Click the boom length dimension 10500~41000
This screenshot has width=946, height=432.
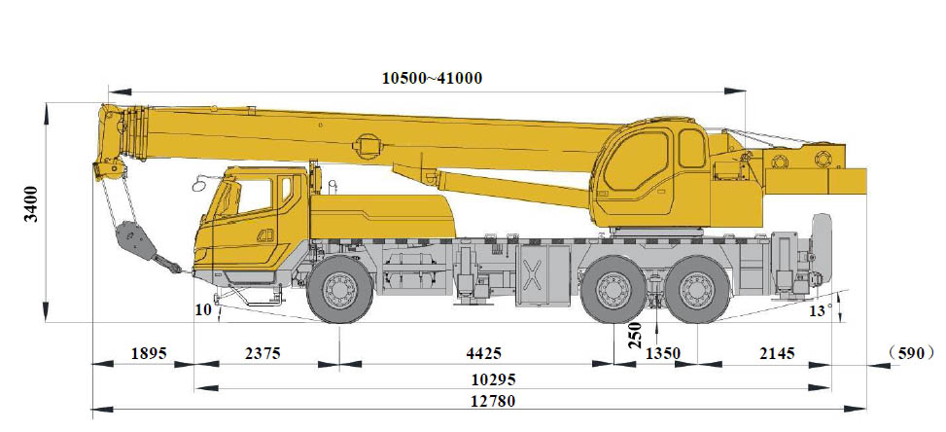click(x=432, y=78)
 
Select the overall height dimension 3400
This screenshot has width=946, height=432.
click(x=31, y=204)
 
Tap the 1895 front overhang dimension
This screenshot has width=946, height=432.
click(x=149, y=353)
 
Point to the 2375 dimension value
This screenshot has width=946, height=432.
click(x=263, y=353)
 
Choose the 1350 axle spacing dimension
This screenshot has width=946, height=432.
click(x=663, y=353)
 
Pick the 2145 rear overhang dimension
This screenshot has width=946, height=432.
click(x=777, y=353)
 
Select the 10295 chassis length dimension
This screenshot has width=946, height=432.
click(x=494, y=379)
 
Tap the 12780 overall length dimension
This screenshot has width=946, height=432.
click(x=494, y=401)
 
